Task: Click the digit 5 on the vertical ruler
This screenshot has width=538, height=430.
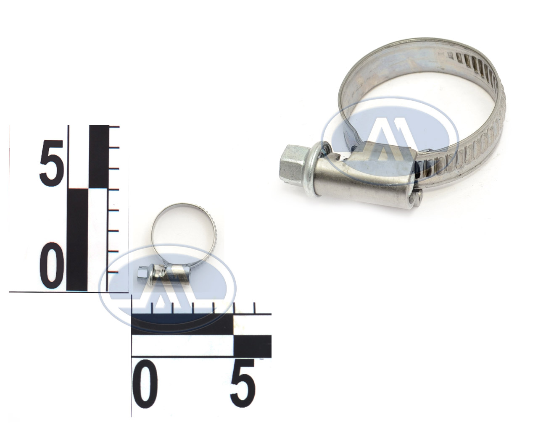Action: point(52,163)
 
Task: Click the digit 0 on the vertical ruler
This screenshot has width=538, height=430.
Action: point(52,265)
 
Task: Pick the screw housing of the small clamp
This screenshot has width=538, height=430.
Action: point(171,275)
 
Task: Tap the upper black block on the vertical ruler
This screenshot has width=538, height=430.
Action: point(99,156)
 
